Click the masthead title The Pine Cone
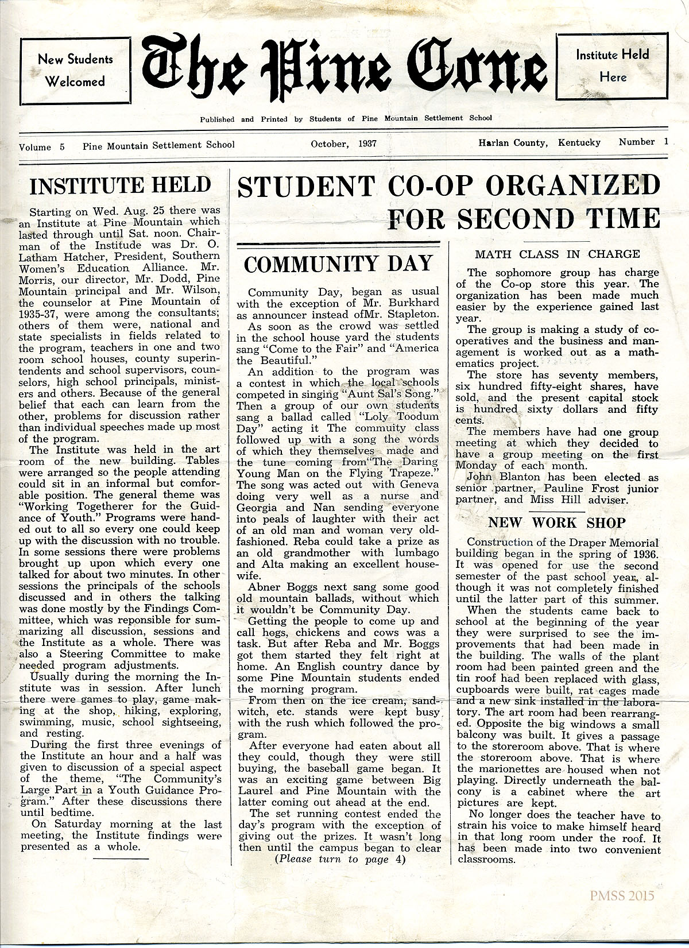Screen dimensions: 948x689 [x=344, y=68]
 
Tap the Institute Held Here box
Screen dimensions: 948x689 [x=613, y=65]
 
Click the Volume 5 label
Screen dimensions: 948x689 [x=42, y=146]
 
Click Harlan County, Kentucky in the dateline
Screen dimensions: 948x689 [x=539, y=142]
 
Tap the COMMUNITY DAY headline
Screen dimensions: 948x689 [x=338, y=264]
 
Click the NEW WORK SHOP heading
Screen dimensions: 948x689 [x=556, y=523]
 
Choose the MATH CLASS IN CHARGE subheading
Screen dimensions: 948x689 [x=557, y=254]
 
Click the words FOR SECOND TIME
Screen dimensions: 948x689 [x=524, y=218]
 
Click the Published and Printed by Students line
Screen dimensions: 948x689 [x=346, y=119]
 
